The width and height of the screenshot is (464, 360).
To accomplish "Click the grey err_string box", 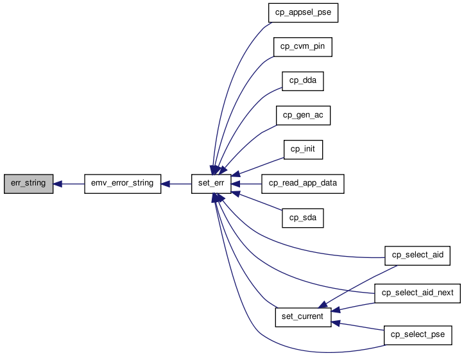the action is pos(28,184).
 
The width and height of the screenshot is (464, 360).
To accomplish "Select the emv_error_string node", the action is pos(123,184).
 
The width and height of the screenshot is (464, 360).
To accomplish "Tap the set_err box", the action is pos(211,184).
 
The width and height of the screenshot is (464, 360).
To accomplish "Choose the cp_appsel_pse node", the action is pos(303,13).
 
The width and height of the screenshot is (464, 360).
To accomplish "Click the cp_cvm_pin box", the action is pos(303,47).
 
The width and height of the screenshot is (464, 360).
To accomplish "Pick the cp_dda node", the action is pos(303,81).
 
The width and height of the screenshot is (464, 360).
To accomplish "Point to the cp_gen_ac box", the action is pos(303,116).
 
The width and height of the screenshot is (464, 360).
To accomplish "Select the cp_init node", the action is pos(303,150).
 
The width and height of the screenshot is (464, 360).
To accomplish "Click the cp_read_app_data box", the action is pos(303,184).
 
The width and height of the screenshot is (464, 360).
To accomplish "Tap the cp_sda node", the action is pos(303,218).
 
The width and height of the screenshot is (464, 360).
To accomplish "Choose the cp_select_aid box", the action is pos(417,255).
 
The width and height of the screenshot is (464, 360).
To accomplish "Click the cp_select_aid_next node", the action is pos(417,293).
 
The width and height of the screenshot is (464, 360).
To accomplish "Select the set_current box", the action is pos(303,317).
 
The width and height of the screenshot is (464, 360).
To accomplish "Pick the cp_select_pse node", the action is pos(418,335).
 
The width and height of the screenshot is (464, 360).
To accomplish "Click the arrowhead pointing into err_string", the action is pos(57,184).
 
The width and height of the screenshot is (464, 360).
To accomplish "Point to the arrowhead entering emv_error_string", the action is pos(165,184).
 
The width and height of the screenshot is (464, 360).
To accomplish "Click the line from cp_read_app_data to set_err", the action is pos(246,184).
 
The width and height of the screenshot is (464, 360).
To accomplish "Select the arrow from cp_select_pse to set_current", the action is pos(357,326).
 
